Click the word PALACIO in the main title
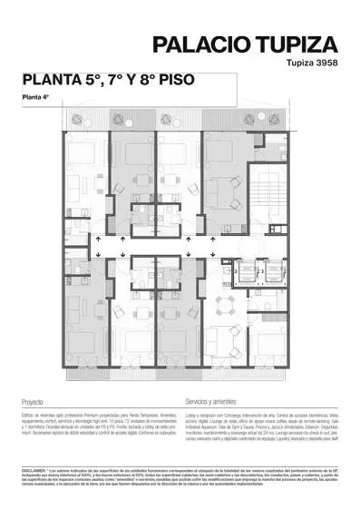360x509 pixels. pyautogui.click(x=195, y=44)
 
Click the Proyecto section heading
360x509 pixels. pyautogui.click(x=32, y=400)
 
